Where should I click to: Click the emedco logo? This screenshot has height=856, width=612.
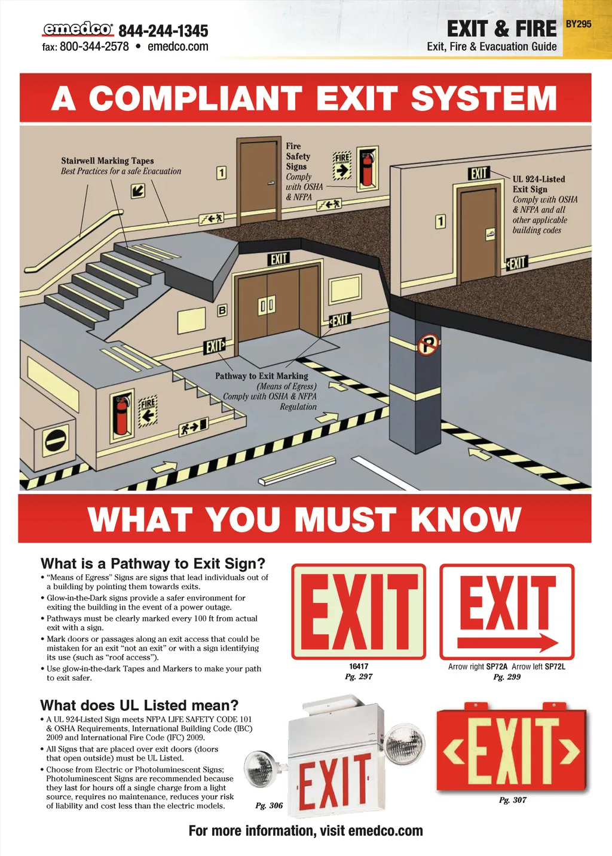tap(78, 29)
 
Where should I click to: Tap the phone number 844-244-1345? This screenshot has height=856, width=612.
tap(163, 31)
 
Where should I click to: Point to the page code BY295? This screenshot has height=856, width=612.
tap(579, 24)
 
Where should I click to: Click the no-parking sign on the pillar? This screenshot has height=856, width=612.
tap(428, 344)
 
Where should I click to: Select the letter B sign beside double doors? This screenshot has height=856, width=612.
tap(222, 310)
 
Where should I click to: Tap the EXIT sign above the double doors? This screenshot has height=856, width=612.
tap(279, 259)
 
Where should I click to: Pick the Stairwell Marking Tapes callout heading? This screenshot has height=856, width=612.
tap(108, 161)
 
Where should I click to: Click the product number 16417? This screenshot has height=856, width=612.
tap(359, 666)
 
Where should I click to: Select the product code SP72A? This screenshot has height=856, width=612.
tap(497, 667)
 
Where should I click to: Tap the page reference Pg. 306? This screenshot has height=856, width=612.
tap(269, 805)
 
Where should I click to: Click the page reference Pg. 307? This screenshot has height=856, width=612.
tap(513, 800)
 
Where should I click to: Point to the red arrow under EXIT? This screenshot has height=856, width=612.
tap(507, 643)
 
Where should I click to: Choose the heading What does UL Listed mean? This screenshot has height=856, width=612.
tap(139, 704)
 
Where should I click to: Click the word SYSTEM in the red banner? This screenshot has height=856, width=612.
tap(484, 98)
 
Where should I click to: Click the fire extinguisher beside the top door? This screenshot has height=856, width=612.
tap(367, 168)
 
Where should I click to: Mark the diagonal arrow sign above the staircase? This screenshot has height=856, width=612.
tap(137, 190)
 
